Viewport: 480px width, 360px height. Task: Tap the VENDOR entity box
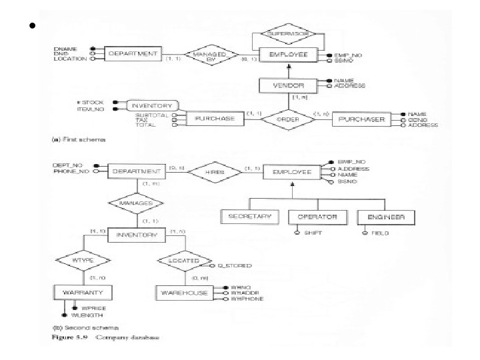point(289,85)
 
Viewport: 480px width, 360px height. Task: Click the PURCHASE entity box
point(215,119)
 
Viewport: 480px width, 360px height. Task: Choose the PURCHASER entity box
point(363,119)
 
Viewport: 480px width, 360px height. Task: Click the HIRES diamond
point(213,171)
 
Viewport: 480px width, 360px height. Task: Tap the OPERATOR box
point(317,217)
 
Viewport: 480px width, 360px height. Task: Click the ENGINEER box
point(385,217)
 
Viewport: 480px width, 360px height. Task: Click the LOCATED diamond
point(180,261)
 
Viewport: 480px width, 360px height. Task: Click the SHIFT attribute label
point(313,233)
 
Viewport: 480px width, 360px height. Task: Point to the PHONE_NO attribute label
point(70,172)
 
